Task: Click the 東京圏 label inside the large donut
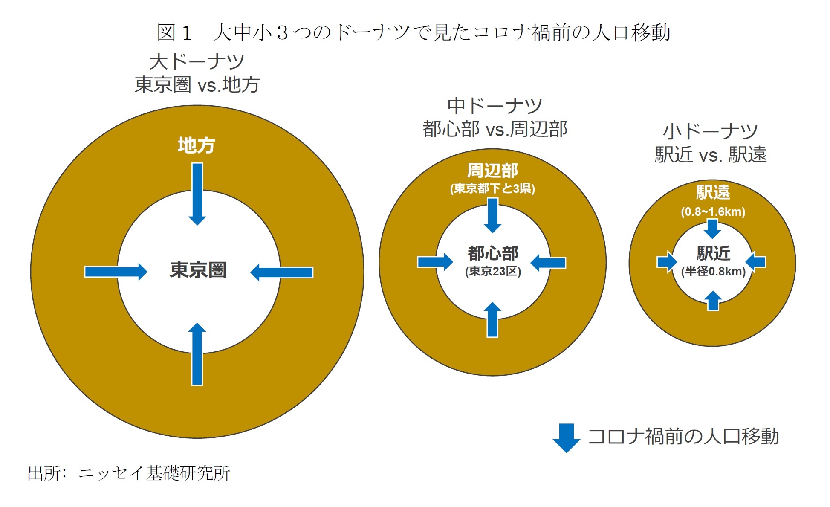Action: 198,270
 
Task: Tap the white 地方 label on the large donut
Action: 197,145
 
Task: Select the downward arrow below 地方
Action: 197,194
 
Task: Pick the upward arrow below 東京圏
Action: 197,354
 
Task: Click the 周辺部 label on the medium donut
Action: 492,171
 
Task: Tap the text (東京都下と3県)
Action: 492,188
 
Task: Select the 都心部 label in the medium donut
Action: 493,253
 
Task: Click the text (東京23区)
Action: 493,271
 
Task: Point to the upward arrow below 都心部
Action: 493,320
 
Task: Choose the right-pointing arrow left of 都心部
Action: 435,262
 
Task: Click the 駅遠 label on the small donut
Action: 713,192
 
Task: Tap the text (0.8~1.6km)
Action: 713,212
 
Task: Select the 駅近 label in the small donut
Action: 713,253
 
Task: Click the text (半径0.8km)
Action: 713,272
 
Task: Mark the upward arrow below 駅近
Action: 713,301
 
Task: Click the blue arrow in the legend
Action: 566,437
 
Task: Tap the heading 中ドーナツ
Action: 495,106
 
